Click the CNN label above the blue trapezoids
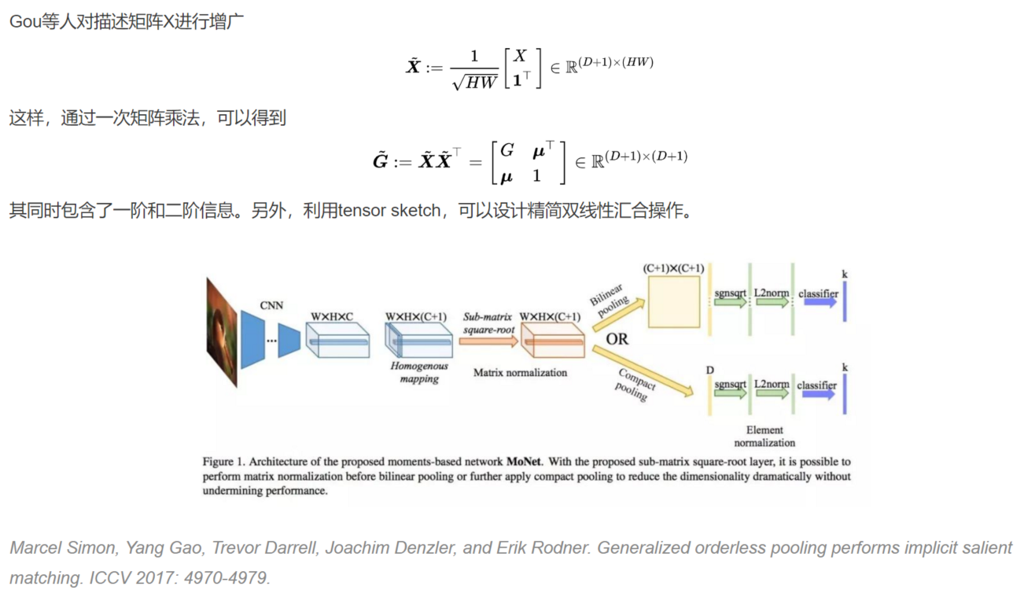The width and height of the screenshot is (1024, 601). pyautogui.click(x=271, y=305)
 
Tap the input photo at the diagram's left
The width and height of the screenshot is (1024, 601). pyautogui.click(x=222, y=333)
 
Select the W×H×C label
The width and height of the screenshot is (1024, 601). pyautogui.click(x=331, y=317)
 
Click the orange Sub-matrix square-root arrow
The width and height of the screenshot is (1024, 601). pyautogui.click(x=489, y=341)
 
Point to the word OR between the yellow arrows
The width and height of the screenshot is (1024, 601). pyautogui.click(x=617, y=339)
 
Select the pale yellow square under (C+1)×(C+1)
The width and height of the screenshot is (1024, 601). pyautogui.click(x=673, y=302)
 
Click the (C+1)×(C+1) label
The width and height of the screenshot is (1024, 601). pyautogui.click(x=673, y=268)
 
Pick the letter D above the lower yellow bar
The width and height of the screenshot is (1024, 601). pyautogui.click(x=710, y=370)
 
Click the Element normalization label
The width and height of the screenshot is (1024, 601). pyautogui.click(x=764, y=436)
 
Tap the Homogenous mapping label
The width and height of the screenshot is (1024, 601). pyautogui.click(x=419, y=372)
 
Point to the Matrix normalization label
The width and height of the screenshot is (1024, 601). pyautogui.click(x=520, y=372)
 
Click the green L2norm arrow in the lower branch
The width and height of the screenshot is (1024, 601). pyautogui.click(x=772, y=393)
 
